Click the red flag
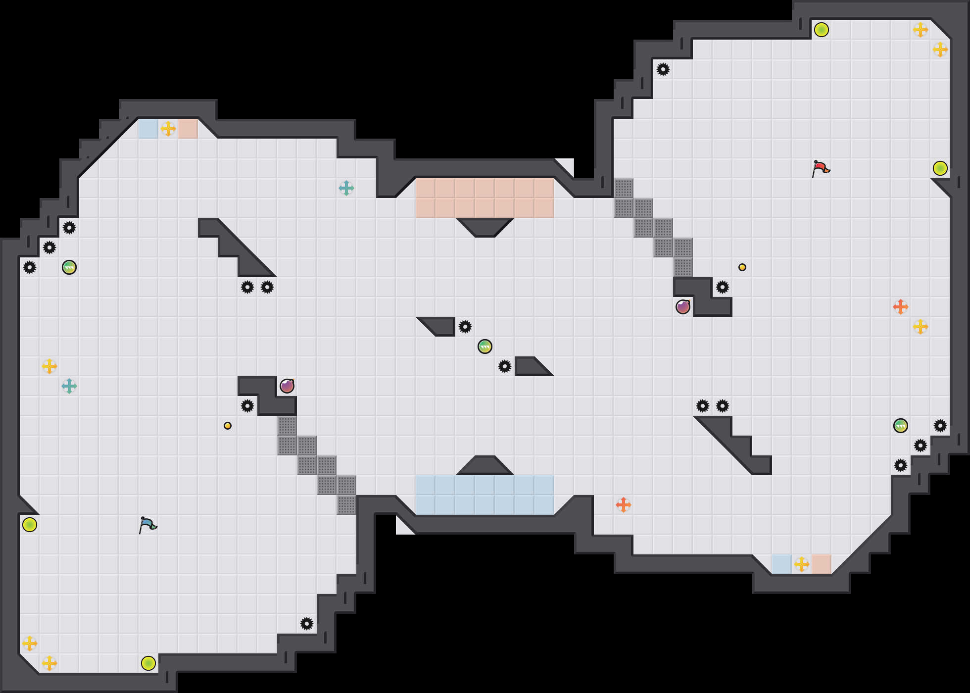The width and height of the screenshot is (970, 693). pos(820,168)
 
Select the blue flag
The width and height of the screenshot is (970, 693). pos(147,525)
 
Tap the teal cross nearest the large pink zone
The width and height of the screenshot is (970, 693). pos(346,188)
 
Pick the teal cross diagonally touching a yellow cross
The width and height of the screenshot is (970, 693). pos(69,386)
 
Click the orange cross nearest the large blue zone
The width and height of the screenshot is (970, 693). pos(624,505)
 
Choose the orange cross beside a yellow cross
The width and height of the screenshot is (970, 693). pos(901,307)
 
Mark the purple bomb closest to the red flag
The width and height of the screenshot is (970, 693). pos(683,307)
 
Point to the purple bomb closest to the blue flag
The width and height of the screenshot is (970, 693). pos(287,386)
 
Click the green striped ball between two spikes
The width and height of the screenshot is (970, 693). pos(485,346)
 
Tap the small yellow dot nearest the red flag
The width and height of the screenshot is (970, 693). pos(742,267)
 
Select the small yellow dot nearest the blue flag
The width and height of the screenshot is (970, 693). pos(228,426)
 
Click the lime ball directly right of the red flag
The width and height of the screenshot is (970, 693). pos(940,168)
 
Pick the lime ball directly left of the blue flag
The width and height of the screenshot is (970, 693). pos(30,525)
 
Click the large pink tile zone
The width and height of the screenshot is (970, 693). pos(485,198)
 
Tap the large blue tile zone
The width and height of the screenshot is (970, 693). pos(485,495)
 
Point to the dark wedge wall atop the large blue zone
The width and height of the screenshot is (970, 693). pos(485,466)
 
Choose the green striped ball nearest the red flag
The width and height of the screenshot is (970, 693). pos(901,426)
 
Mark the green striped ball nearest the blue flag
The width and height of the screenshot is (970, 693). pos(69,267)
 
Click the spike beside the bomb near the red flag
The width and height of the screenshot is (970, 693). pos(723,287)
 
